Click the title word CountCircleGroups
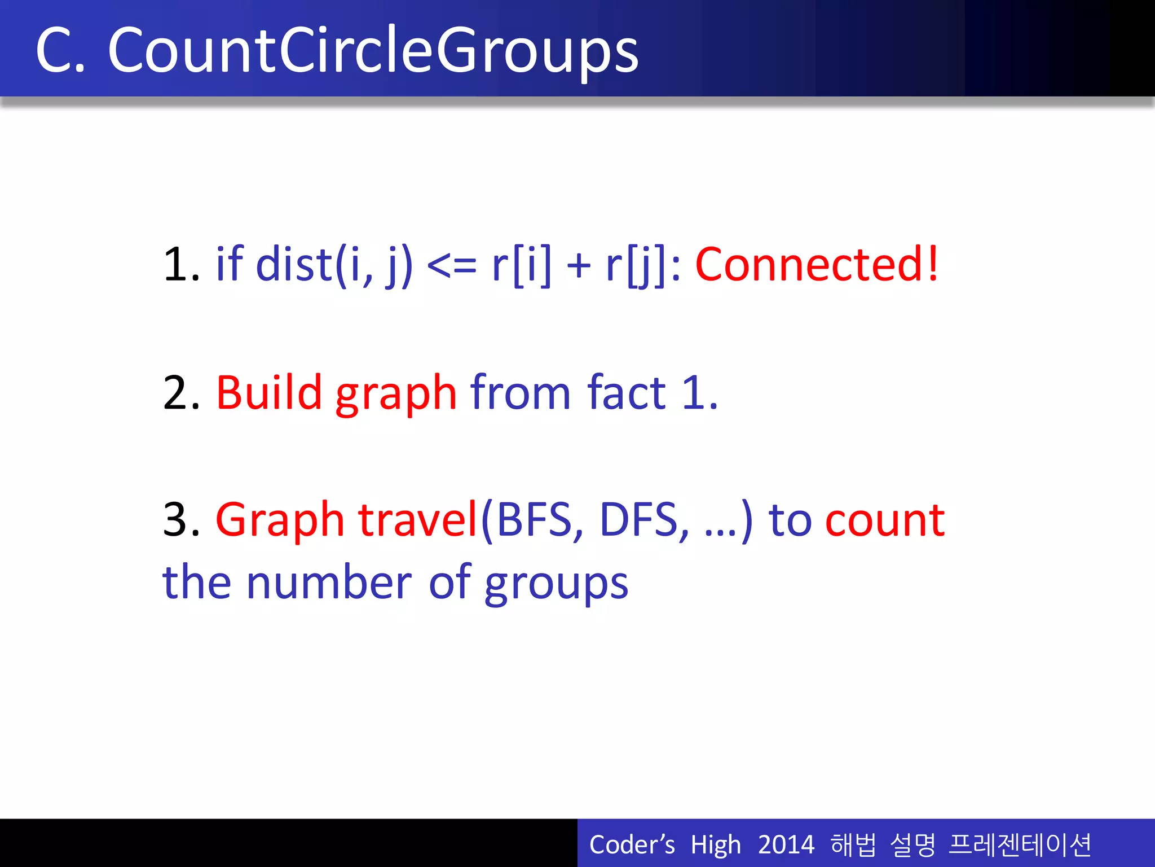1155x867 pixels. tap(373, 51)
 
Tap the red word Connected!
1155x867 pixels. tap(817, 264)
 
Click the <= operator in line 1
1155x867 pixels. tap(452, 265)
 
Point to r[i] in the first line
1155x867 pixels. tap(521, 265)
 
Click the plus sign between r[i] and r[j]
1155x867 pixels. tap(578, 265)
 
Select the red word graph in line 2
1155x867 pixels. tap(396, 394)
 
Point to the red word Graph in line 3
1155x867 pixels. tap(280, 520)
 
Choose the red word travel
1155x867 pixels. tap(418, 519)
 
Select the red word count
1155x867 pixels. tap(884, 520)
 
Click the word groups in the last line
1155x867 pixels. tap(556, 584)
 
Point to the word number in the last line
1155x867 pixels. tap(329, 583)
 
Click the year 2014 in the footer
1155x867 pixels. tap(786, 845)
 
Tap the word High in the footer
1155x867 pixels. tap(715, 845)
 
